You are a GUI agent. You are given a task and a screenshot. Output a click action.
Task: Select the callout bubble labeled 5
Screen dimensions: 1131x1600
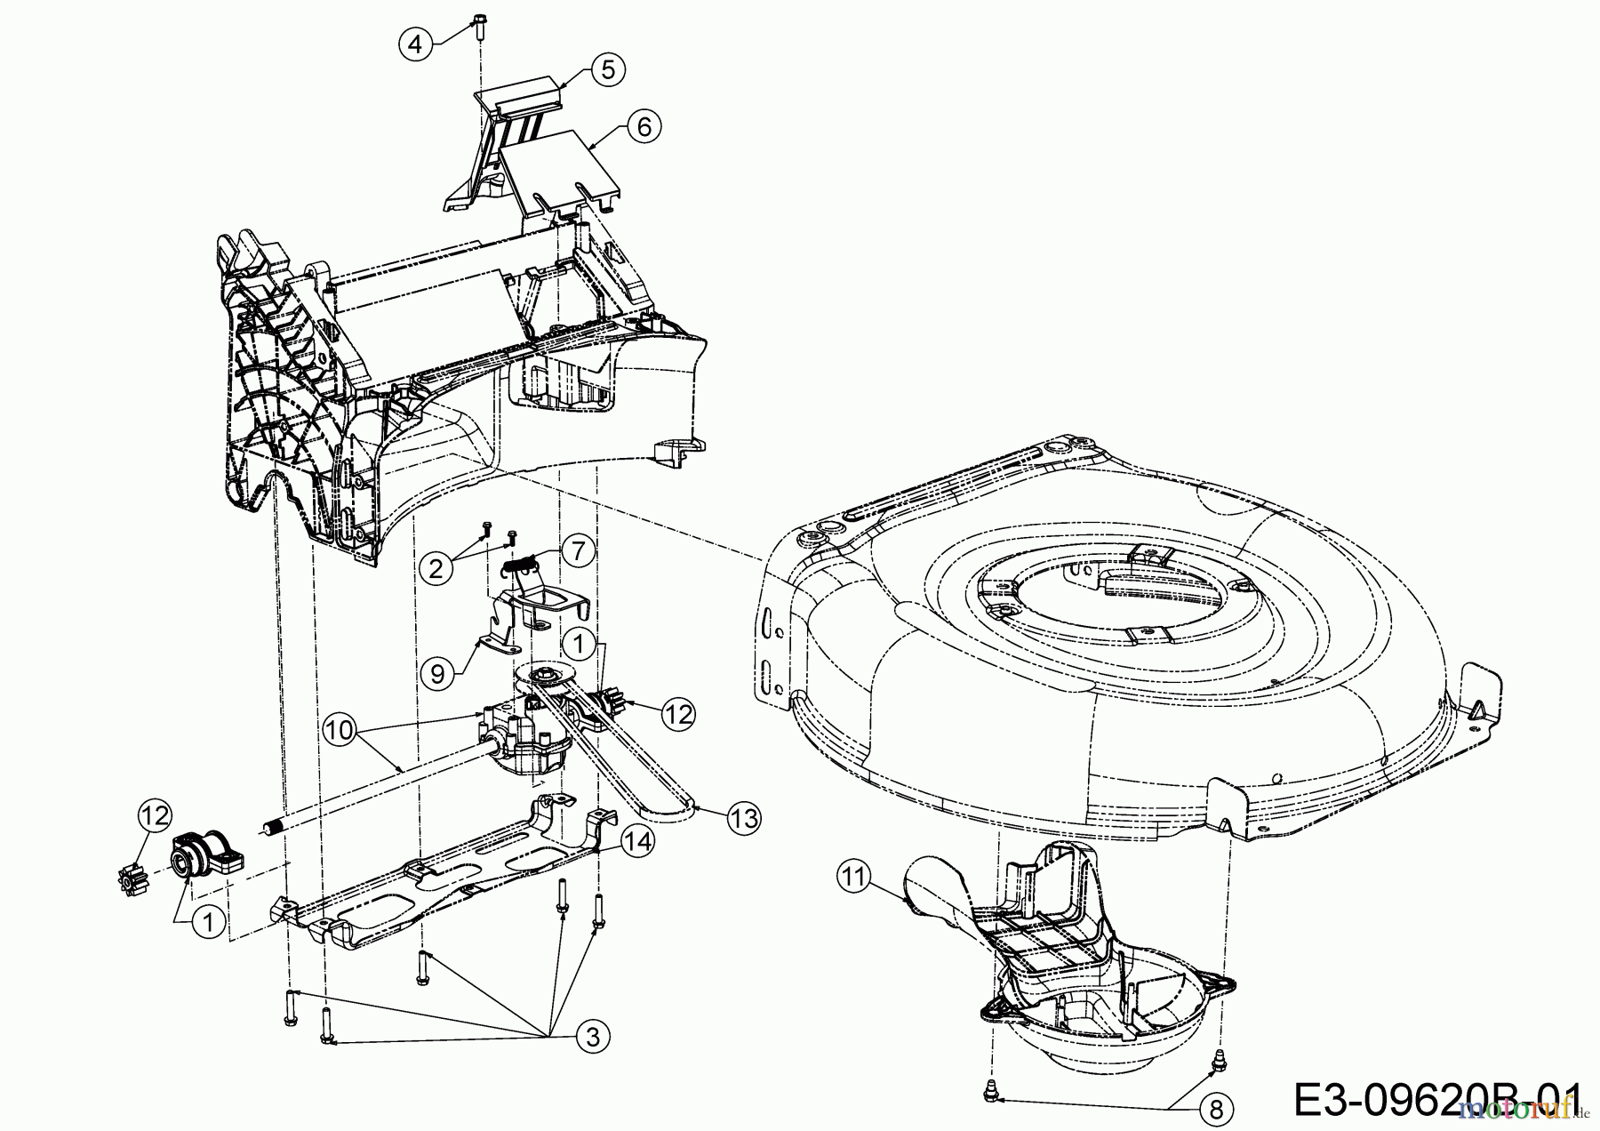tap(607, 69)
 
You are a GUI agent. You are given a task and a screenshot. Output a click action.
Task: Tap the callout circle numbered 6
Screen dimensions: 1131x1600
tap(644, 127)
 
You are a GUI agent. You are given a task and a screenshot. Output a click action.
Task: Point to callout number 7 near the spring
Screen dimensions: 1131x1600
tap(577, 552)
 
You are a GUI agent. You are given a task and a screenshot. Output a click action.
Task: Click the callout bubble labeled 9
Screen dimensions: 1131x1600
tap(436, 673)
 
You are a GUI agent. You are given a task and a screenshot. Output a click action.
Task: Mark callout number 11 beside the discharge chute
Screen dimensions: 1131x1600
tap(854, 878)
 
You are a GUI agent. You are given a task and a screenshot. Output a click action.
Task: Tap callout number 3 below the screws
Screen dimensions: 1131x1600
tap(594, 1036)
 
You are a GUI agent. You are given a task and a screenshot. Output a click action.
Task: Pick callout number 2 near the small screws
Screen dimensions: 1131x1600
tap(436, 566)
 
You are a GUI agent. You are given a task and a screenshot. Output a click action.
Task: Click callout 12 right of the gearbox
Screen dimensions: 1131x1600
tap(679, 714)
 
